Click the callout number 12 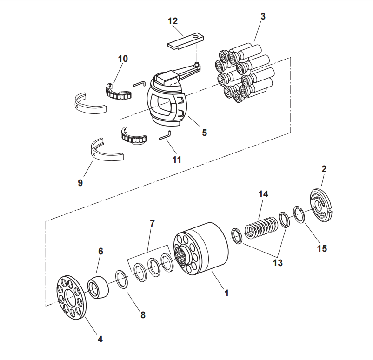point(173,21)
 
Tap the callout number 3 point(263,16)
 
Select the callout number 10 point(123,59)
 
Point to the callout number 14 point(263,194)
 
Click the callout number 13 point(278,263)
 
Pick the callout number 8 point(143,315)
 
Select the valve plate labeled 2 point(321,206)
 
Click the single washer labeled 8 point(121,279)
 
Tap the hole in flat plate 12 point(196,37)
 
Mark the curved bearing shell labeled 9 point(107,149)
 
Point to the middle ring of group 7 point(154,267)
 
